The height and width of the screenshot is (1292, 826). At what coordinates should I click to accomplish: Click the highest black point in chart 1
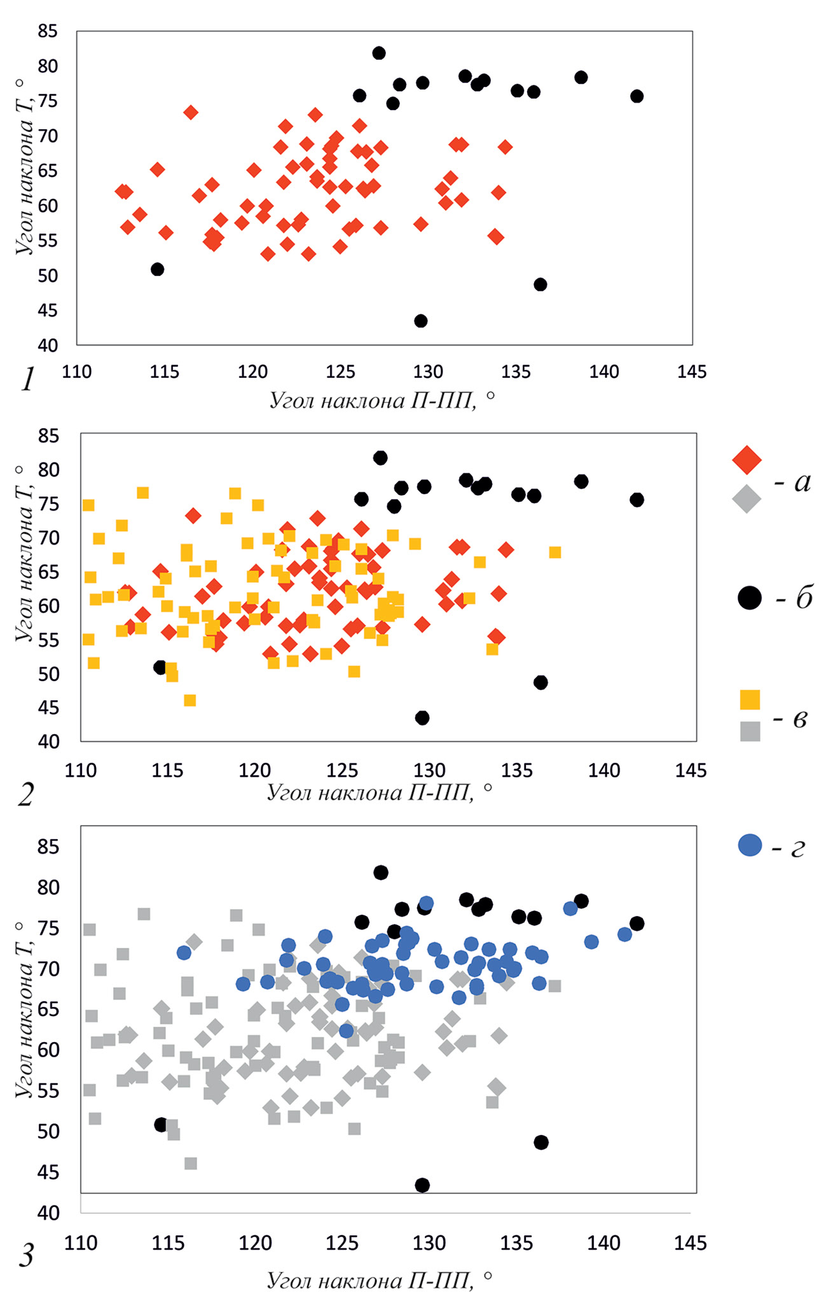[x=378, y=53]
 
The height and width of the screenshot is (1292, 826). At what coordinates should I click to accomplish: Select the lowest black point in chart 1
[x=420, y=321]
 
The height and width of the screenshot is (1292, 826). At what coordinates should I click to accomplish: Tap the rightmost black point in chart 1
[x=637, y=96]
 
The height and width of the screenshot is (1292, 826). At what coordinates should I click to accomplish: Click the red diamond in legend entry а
[x=747, y=459]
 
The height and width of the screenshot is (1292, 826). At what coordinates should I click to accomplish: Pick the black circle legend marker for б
[x=750, y=597]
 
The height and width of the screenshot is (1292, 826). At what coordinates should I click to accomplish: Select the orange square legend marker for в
[x=750, y=699]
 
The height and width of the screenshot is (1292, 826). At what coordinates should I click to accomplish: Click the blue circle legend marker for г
[x=750, y=845]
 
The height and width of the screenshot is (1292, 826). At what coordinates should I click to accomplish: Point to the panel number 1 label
[x=27, y=381]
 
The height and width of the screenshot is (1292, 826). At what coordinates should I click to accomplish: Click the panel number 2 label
[x=25, y=795]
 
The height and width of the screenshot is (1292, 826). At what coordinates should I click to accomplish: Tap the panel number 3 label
[x=26, y=1256]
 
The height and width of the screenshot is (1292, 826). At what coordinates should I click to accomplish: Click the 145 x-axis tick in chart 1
[x=691, y=372]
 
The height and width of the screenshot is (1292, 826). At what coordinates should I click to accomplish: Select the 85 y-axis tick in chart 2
[x=48, y=436]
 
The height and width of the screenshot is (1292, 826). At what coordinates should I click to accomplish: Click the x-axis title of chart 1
[x=382, y=401]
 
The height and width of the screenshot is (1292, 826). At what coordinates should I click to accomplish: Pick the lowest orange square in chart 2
[x=189, y=700]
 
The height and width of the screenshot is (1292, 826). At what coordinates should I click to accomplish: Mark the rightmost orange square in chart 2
[x=554, y=552]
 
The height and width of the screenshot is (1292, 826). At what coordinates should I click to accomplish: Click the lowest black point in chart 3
[x=422, y=1185]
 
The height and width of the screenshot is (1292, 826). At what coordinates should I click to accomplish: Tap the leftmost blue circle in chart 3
[x=184, y=952]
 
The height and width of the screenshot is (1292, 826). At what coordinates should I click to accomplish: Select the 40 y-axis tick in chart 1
[x=48, y=345]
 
